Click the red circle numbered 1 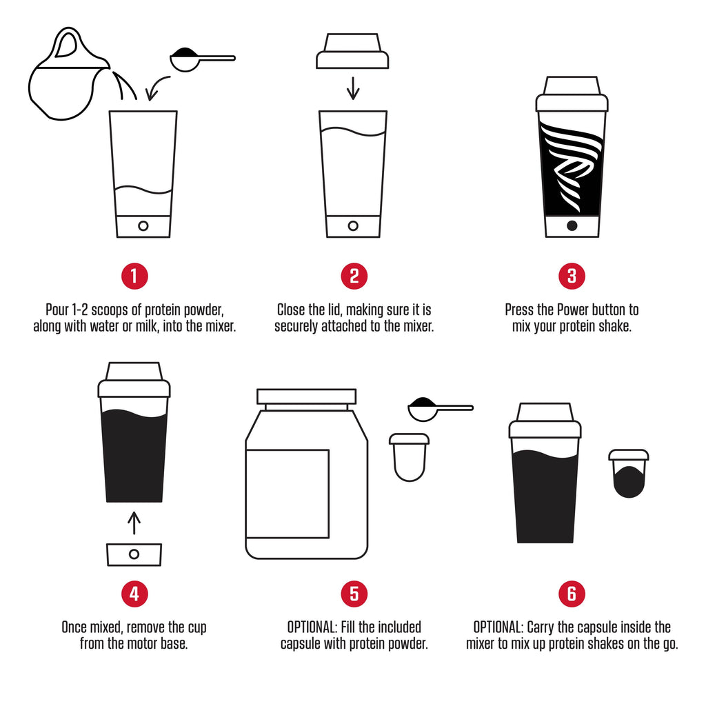pyautogui.click(x=134, y=276)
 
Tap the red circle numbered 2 pyautogui.click(x=354, y=276)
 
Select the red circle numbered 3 pyautogui.click(x=572, y=276)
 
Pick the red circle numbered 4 pyautogui.click(x=134, y=594)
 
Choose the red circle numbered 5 pyautogui.click(x=354, y=594)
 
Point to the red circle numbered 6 pyautogui.click(x=572, y=594)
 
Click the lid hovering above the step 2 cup pyautogui.click(x=352, y=52)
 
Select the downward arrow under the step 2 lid pyautogui.click(x=353, y=88)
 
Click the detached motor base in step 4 pyautogui.click(x=134, y=554)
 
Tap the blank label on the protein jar pyautogui.click(x=287, y=493)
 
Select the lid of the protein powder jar pyautogui.click(x=306, y=397)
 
